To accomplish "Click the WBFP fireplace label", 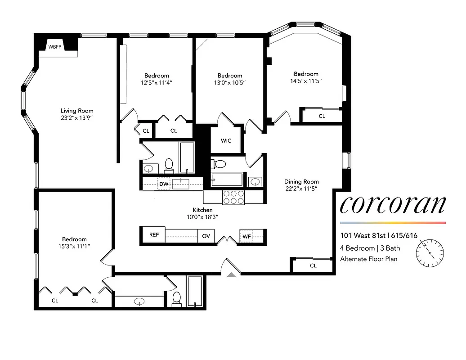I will coord(55,46).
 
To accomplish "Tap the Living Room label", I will coord(77,111).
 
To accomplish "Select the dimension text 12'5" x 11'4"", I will coord(157,82).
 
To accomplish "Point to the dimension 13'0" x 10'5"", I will coord(230,82).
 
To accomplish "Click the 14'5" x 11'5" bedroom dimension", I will coord(306,81).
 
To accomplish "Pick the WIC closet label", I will coord(226,141).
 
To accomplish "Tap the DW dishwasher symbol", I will coord(163,184).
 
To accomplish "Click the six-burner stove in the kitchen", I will coord(233,197).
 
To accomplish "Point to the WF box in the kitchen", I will coord(246,236).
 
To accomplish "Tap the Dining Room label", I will coord(301,182).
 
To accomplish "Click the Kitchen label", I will coord(202,210).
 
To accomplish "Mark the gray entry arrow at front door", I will coord(231,275).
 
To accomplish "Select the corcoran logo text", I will coord(393,205).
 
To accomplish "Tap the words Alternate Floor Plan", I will coord(368,259).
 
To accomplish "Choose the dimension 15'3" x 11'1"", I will coord(74,246).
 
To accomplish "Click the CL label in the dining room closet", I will coord(313,265).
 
